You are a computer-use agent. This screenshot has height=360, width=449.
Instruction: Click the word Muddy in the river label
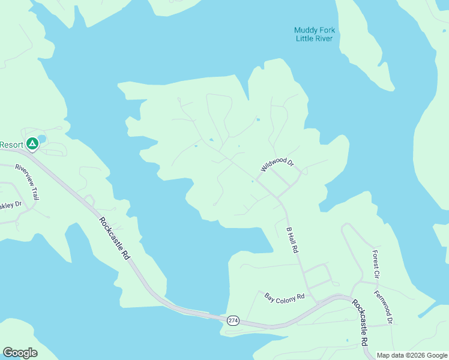tap(306, 31)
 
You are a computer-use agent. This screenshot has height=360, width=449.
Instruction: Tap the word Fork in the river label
tap(328, 31)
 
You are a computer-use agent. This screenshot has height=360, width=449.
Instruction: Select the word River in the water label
tap(324, 39)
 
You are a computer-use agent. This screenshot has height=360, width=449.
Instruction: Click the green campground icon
tap(32, 144)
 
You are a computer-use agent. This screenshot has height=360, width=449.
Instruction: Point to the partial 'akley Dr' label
tap(10, 205)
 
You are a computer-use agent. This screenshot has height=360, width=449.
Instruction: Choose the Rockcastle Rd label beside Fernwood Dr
tap(360, 323)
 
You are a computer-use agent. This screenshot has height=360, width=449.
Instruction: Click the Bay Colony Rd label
tap(285, 296)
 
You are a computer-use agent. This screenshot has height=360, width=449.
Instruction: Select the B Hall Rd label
tap(292, 240)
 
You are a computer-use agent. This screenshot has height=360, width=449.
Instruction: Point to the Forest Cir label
tap(376, 264)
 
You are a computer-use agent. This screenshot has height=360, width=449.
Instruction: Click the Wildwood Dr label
tap(277, 164)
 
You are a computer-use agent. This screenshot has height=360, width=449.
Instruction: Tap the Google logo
tap(20, 353)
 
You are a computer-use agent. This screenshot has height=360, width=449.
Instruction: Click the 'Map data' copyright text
tap(390, 355)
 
